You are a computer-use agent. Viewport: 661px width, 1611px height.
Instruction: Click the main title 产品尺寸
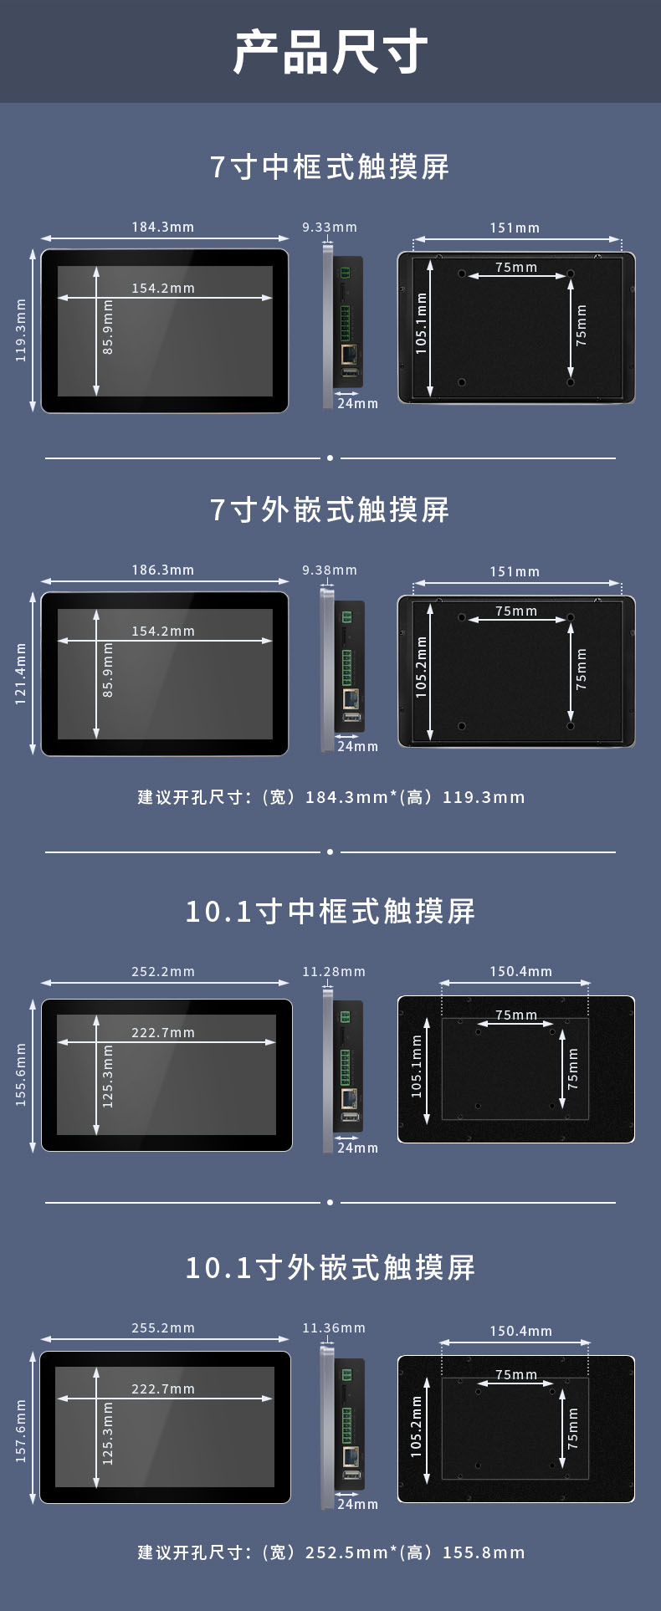click(330, 52)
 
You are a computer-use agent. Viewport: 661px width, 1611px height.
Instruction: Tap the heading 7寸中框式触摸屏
click(330, 167)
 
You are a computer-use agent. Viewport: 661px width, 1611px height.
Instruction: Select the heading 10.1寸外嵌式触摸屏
click(330, 1268)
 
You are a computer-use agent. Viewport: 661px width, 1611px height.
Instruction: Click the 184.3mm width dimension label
click(163, 227)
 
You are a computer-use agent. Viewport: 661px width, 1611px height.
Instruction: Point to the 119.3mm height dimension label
click(21, 330)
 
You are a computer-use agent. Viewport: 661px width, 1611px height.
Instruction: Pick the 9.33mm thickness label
click(330, 227)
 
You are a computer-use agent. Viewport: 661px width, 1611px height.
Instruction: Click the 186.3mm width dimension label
click(163, 570)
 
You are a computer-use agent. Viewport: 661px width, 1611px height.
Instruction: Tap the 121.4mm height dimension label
click(21, 674)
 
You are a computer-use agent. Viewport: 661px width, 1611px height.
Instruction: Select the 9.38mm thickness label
click(330, 570)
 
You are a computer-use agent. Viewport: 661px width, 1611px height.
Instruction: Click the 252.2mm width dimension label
click(163, 971)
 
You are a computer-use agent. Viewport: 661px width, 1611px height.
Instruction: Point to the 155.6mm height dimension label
click(21, 1075)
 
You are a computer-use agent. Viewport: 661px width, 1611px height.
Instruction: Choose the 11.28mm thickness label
click(334, 971)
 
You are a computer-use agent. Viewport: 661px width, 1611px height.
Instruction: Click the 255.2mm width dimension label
click(163, 1327)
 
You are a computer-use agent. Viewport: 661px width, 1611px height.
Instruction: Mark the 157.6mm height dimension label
click(21, 1431)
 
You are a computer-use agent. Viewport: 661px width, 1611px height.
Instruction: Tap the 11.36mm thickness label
click(334, 1327)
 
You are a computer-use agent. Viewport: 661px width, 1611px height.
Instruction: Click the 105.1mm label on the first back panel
click(422, 324)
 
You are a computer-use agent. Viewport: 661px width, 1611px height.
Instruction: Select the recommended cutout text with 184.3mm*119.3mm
click(331, 797)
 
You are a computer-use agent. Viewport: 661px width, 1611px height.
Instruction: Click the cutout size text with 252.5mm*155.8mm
click(331, 1552)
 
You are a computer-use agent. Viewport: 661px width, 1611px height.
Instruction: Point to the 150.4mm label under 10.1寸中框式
click(521, 971)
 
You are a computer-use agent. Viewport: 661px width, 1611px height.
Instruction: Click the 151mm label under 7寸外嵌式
click(515, 571)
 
